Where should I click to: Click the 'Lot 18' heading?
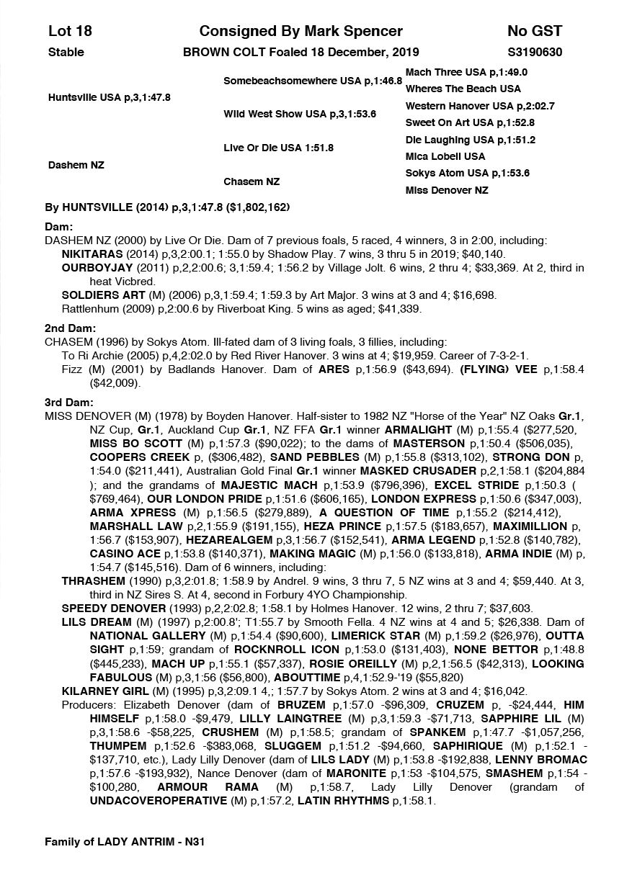(70, 31)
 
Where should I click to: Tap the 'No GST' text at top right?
(534, 31)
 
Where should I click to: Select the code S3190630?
(535, 52)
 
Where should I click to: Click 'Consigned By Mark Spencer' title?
(301, 31)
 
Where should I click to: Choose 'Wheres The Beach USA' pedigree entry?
(463, 89)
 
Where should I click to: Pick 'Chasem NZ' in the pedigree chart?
(252, 181)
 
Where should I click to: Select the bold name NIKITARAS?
(92, 254)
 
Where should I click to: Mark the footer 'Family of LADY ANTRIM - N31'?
(128, 840)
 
